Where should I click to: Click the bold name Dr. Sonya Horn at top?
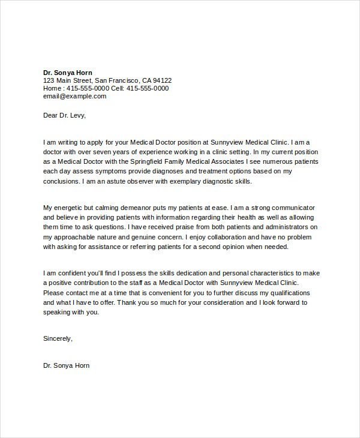(68, 73)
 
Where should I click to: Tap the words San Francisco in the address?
(117, 80)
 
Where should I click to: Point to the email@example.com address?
(74, 96)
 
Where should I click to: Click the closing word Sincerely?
(57, 338)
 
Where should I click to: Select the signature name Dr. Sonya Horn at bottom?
(67, 365)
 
